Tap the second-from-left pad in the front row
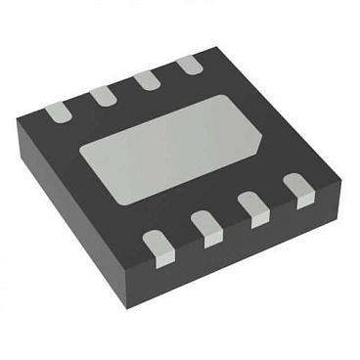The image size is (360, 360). coord(207,226)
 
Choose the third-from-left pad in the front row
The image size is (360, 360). coord(256,206)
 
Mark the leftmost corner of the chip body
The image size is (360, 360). coord(17,122)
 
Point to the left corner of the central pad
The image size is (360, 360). coord(80,147)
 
